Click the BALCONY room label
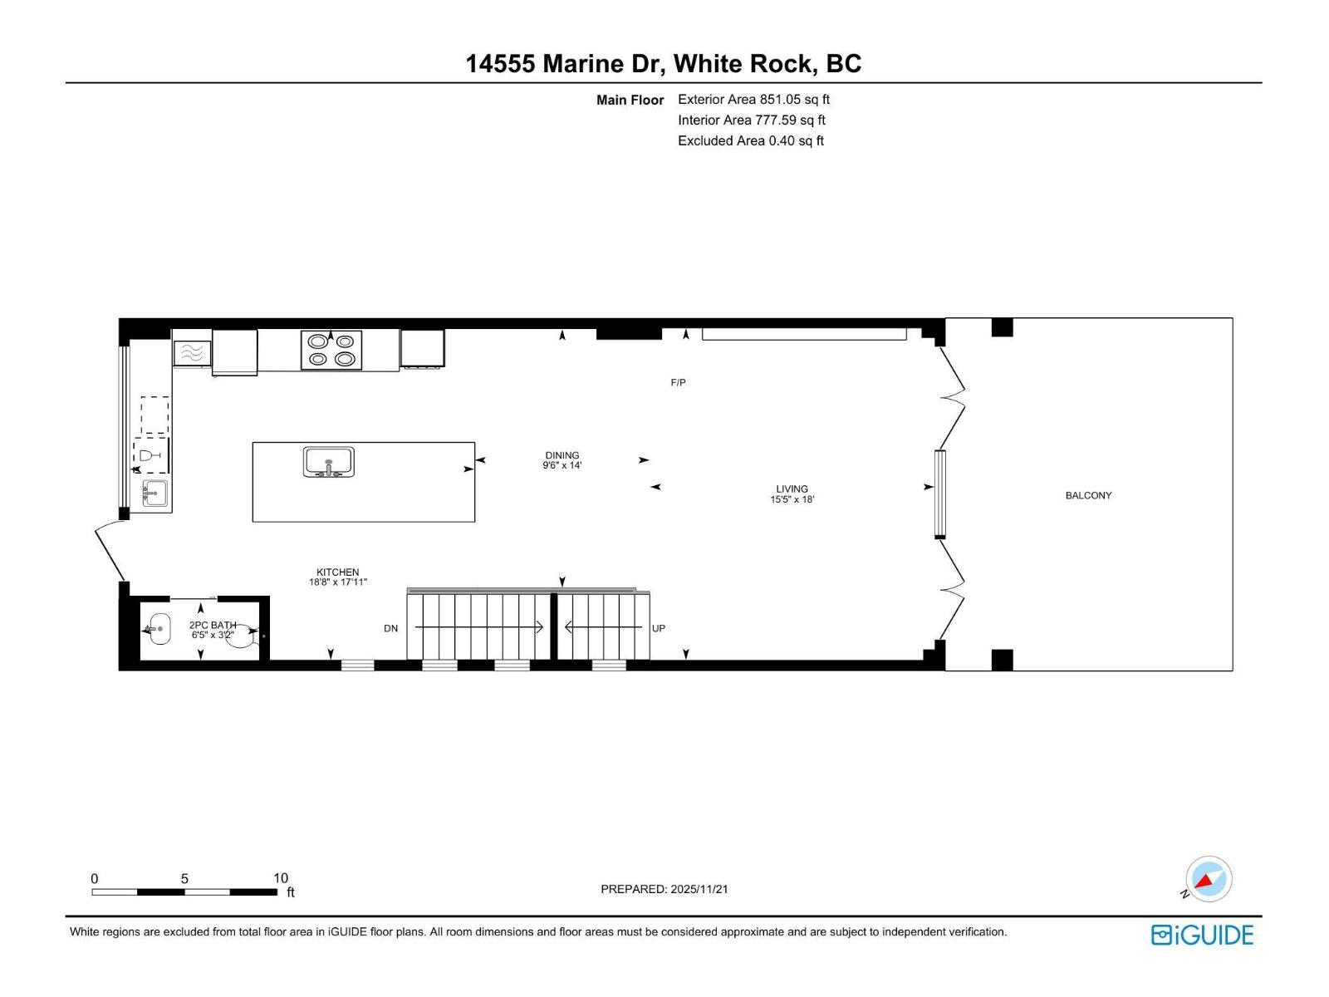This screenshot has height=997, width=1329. pos(1088,495)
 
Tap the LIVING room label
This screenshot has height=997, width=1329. pos(792,489)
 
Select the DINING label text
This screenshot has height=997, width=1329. pos(562,455)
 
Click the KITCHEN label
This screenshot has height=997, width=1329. pos(337,572)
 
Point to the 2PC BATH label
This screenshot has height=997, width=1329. pos(213,625)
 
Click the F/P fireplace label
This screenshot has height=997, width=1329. pos(678,382)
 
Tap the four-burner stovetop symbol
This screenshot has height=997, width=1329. pos(331,350)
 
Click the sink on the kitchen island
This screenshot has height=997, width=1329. pos(329,462)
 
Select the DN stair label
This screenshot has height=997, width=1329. pos(390,628)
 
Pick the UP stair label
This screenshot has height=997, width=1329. pos(658,628)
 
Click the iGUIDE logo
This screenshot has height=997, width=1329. pos(1202,935)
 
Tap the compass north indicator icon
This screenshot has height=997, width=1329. pos(1208,879)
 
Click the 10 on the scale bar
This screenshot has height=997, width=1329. pos(281,878)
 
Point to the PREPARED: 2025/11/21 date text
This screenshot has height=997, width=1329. pos(664,889)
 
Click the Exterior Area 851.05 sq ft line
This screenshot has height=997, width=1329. pos(753,99)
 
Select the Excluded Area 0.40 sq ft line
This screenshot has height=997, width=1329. pos(750,140)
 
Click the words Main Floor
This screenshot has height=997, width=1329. pos(630,100)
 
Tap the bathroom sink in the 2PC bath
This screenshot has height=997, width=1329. pos(158,629)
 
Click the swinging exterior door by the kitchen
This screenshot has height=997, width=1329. pos(110,551)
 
